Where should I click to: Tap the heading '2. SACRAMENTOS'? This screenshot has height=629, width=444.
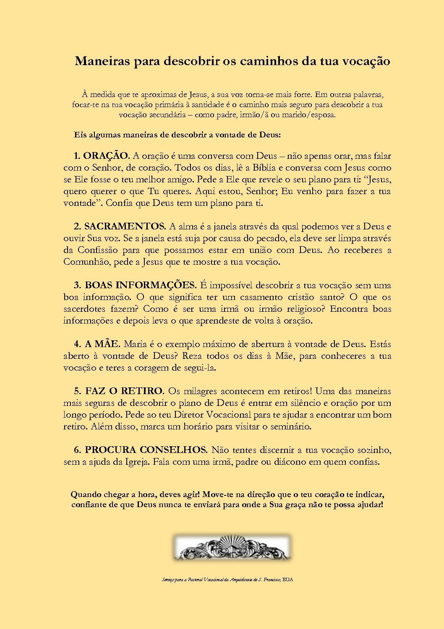120,226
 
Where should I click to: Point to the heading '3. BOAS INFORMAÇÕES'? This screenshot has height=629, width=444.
135,285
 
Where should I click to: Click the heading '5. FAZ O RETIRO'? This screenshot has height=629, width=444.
119,391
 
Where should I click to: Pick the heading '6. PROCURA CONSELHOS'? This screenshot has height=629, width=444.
141,450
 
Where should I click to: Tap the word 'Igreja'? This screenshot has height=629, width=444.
138,462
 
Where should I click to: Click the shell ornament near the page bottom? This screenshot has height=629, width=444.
232,547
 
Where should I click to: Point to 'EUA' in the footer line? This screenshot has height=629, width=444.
288,579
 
